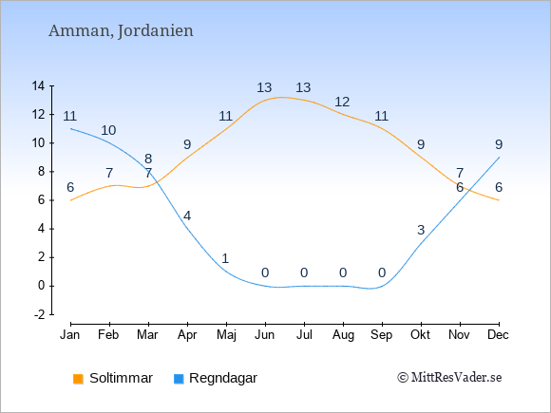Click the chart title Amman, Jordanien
pyautogui.click(x=121, y=31)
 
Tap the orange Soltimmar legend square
pyautogui.click(x=78, y=379)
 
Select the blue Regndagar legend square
pyautogui.click(x=179, y=379)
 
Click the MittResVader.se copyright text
pyautogui.click(x=449, y=378)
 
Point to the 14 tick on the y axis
pyautogui.click(x=38, y=86)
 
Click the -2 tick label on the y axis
pyautogui.click(x=39, y=314)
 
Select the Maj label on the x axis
pyautogui.click(x=226, y=335)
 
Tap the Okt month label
pyautogui.click(x=421, y=335)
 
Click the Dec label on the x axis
pyautogui.click(x=498, y=335)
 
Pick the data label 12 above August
pyautogui.click(x=342, y=103)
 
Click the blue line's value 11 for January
pyautogui.click(x=70, y=116)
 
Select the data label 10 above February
pyautogui.click(x=108, y=131)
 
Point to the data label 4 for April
pyautogui.click(x=187, y=216)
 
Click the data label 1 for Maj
pyautogui.click(x=225, y=259)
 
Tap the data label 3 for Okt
pyautogui.click(x=421, y=231)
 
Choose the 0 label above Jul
pyautogui.click(x=304, y=272)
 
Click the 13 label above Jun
pyautogui.click(x=264, y=87)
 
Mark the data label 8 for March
pyautogui.click(x=148, y=160)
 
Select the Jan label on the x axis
pyautogui.click(x=70, y=335)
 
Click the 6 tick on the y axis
pyautogui.click(x=42, y=200)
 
